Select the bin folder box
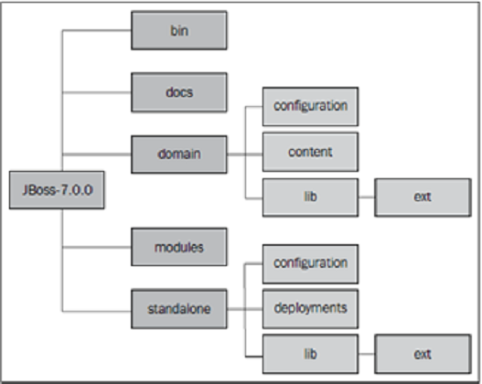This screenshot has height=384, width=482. tap(179, 30)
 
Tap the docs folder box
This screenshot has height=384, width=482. tap(179, 91)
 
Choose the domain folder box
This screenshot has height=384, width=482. tap(179, 153)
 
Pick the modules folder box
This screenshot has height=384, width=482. tap(179, 247)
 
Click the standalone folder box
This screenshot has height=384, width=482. tap(179, 309)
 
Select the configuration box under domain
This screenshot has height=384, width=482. tap(310, 106)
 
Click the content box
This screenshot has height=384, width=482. tap(310, 152)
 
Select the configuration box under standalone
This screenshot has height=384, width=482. tap(310, 262)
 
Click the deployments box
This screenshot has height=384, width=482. tap(310, 308)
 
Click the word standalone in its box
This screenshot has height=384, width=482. tap(179, 309)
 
